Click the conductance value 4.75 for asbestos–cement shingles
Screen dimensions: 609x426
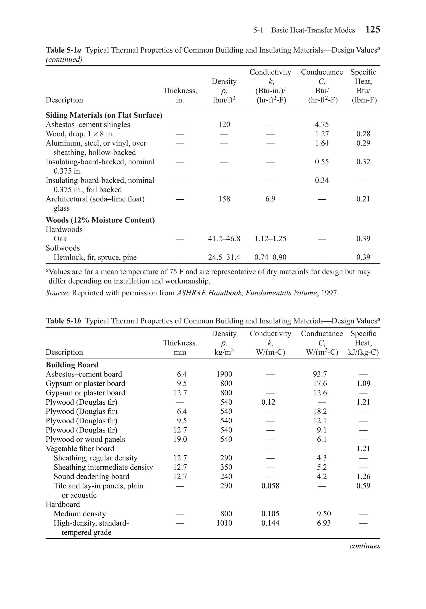322,124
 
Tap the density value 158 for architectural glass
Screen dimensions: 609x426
224,199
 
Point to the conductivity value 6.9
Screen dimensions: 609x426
270,199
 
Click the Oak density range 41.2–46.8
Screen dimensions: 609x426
224,239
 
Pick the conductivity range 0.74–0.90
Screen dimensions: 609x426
270,257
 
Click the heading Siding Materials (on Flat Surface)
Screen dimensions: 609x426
104,115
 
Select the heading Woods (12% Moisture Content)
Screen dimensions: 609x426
100,220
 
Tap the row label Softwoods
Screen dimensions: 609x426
63,248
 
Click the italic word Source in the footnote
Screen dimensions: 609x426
56,293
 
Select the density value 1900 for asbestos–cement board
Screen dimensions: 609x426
224,374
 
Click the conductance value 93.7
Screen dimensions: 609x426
320,374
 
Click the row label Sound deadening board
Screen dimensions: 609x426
92,476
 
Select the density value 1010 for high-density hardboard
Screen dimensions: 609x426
224,523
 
